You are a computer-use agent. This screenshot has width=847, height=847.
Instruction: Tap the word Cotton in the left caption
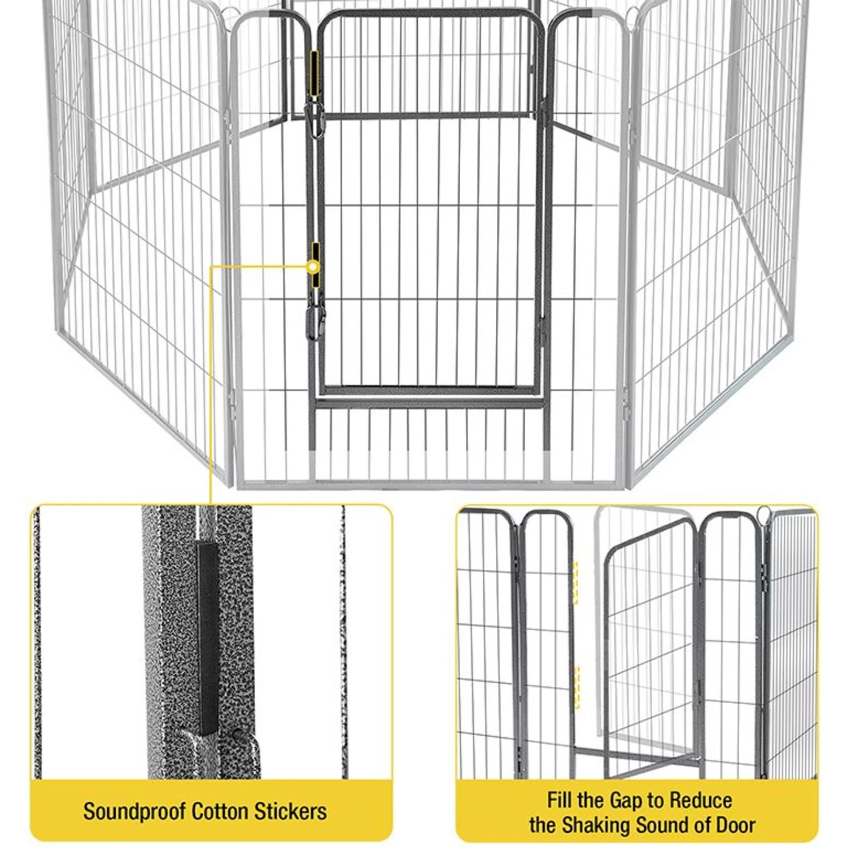221,811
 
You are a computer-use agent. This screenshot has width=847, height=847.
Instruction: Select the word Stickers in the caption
291,811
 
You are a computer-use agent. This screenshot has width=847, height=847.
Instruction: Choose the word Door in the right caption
736,825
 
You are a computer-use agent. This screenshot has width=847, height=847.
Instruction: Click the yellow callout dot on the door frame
312,266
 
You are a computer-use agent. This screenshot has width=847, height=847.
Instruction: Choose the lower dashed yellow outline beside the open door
577,687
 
